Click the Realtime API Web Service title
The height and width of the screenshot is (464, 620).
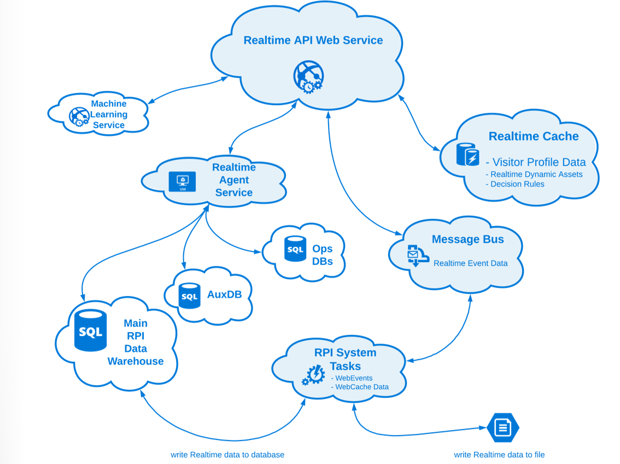[x=313, y=40]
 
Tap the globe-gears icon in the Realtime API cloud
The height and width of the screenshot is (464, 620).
[x=308, y=77]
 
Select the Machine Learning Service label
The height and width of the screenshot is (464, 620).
[x=108, y=114]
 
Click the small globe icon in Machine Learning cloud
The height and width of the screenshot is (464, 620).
[x=79, y=117]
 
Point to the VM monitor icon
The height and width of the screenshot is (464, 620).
[x=182, y=182]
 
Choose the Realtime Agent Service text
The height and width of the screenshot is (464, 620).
[x=234, y=180]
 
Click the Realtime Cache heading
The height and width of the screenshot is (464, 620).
[x=534, y=136]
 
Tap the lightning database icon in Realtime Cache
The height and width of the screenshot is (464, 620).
[x=467, y=154]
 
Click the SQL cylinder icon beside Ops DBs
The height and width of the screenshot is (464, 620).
[x=295, y=249]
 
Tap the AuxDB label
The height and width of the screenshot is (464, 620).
[x=224, y=294]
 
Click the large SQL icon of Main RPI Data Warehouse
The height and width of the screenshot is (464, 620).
[x=90, y=330]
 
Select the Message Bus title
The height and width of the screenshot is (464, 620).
[x=467, y=239]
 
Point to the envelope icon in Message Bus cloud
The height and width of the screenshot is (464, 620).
[x=413, y=255]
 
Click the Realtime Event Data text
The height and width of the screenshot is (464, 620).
[x=470, y=263]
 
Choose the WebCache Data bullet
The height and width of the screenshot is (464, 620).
[x=361, y=387]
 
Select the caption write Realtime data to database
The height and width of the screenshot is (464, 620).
[x=227, y=455]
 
